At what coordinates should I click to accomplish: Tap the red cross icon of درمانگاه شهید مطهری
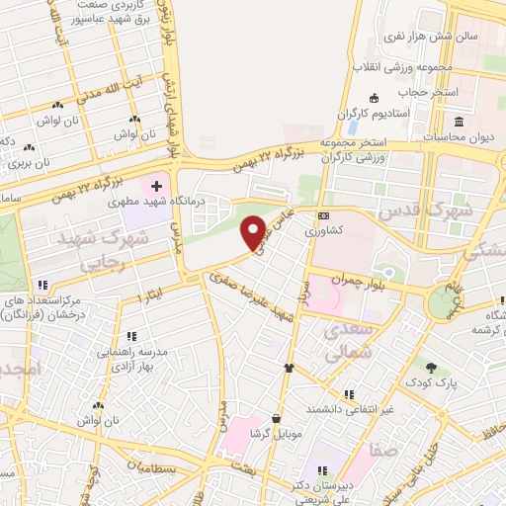[157, 186]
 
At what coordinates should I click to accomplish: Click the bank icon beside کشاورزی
[322, 216]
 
